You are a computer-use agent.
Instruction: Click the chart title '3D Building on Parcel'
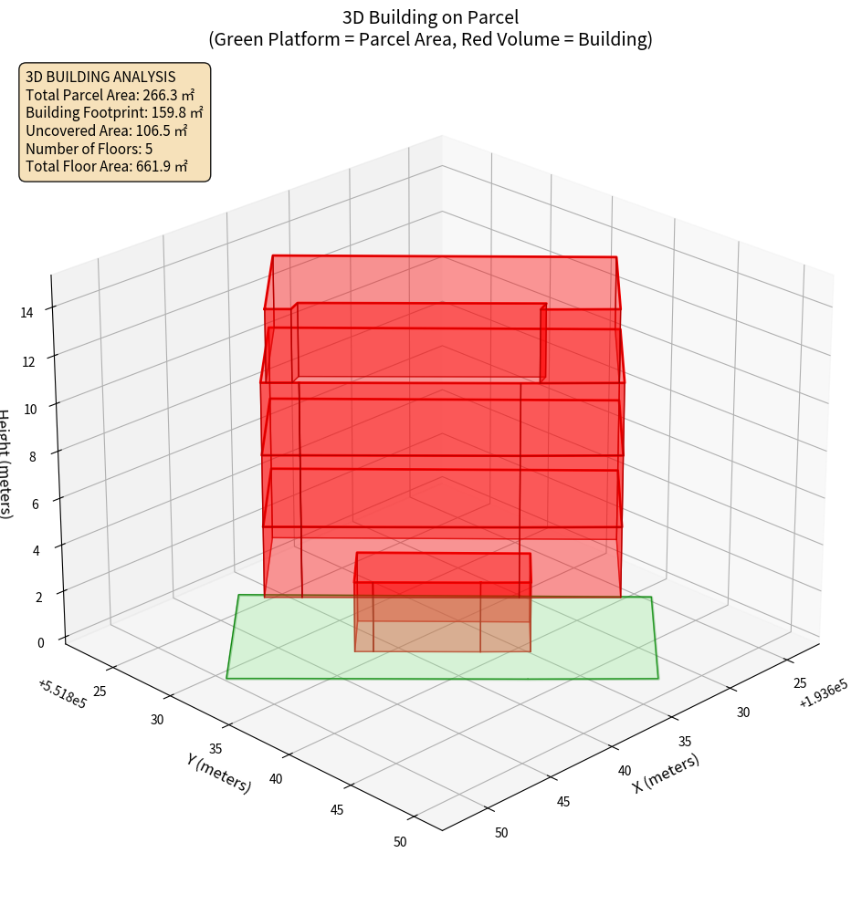[430, 16]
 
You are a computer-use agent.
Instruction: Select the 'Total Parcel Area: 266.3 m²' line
[110, 95]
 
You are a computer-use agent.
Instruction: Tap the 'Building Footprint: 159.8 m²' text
[114, 112]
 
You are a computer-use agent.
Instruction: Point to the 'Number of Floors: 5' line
[89, 148]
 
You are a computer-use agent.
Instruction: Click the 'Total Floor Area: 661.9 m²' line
[107, 166]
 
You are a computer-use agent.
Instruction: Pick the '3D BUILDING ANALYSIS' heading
[100, 77]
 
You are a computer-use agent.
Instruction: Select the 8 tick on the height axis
[33, 455]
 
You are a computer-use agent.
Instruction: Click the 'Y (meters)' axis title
[219, 772]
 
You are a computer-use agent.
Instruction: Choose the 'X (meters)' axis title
[667, 773]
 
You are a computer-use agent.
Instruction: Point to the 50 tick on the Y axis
[400, 841]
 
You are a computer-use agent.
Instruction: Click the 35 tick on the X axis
[685, 741]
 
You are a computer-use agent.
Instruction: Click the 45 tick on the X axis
[562, 801]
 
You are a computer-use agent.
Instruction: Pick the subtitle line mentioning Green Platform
[430, 39]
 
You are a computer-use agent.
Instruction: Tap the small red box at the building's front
[443, 602]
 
